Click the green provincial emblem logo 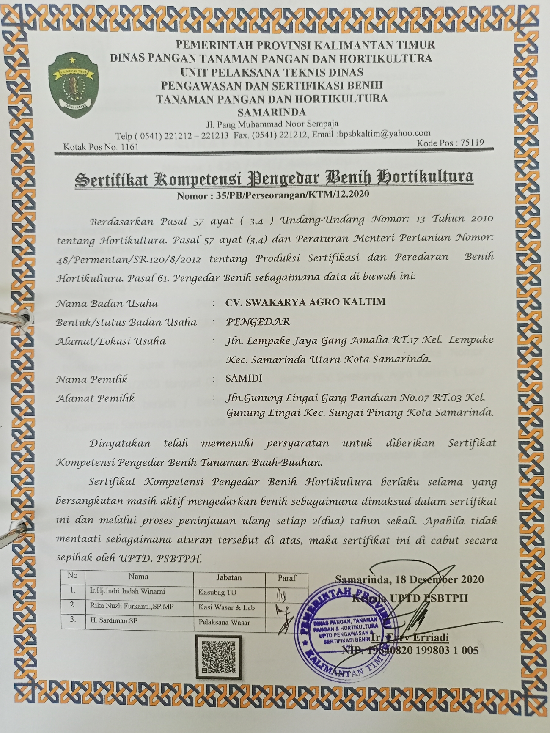click(73, 84)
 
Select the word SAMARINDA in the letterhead click(272, 113)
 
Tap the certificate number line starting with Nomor click(273, 195)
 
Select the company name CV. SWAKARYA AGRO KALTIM click(305, 302)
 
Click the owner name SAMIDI click(244, 378)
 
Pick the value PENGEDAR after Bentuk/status click(258, 322)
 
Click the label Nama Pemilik click(92, 379)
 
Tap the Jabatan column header click(229, 577)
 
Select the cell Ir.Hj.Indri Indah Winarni click(127, 591)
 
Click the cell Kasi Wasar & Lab click(226, 607)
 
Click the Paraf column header click(287, 578)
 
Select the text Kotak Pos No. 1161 click(101, 147)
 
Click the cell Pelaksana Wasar click(224, 623)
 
